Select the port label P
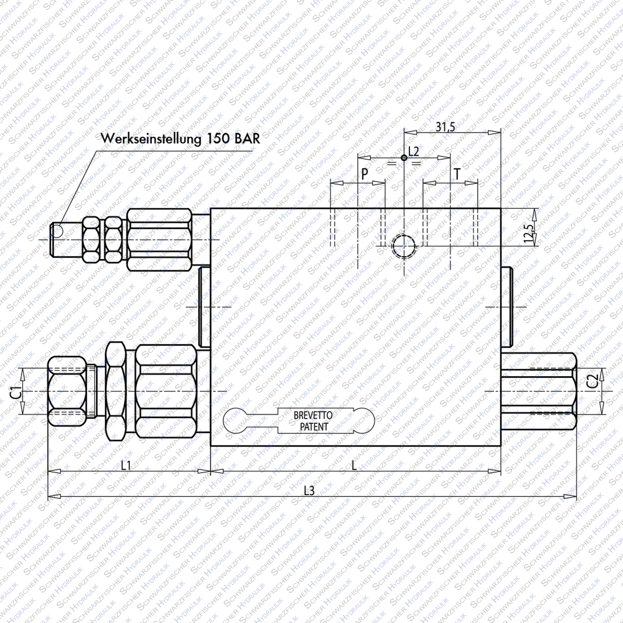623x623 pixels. tap(364, 174)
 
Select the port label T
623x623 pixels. tap(457, 174)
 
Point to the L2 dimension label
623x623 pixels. tap(414, 151)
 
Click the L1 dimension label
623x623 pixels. tap(126, 465)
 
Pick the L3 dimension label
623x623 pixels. tap(308, 491)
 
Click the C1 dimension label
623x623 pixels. tap(16, 392)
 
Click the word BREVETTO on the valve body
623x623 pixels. tap(313, 415)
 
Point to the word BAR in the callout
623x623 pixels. tap(247, 139)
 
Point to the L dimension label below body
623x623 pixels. tap(354, 465)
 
